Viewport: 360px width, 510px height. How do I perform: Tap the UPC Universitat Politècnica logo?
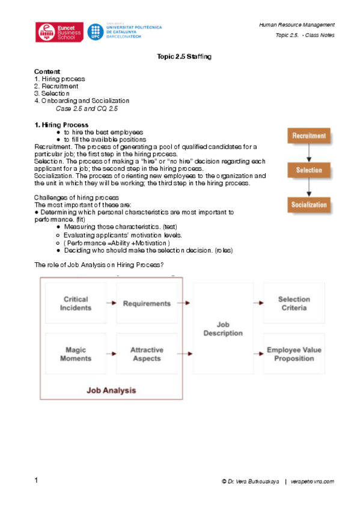(119, 31)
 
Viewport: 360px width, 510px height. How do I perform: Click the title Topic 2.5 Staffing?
(184, 56)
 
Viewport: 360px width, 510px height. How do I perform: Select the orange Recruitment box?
(309, 136)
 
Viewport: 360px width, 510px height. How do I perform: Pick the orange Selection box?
(309, 170)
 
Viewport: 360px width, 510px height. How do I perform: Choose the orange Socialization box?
(309, 204)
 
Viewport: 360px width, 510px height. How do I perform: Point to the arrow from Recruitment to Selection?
(309, 153)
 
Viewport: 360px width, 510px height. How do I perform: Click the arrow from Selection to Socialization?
(309, 188)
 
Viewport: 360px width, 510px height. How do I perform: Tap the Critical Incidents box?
(76, 303)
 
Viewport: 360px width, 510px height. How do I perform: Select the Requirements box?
(147, 303)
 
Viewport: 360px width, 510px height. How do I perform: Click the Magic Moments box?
(76, 354)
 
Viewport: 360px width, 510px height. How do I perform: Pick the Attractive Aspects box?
(147, 354)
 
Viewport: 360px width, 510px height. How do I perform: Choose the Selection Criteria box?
(294, 303)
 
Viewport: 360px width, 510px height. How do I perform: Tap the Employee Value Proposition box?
(294, 354)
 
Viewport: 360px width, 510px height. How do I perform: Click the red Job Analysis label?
(111, 390)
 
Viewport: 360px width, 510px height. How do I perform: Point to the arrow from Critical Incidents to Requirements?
(111, 303)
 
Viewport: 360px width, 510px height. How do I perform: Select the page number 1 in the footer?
(37, 481)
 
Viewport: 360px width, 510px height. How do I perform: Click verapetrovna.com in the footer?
(312, 482)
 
